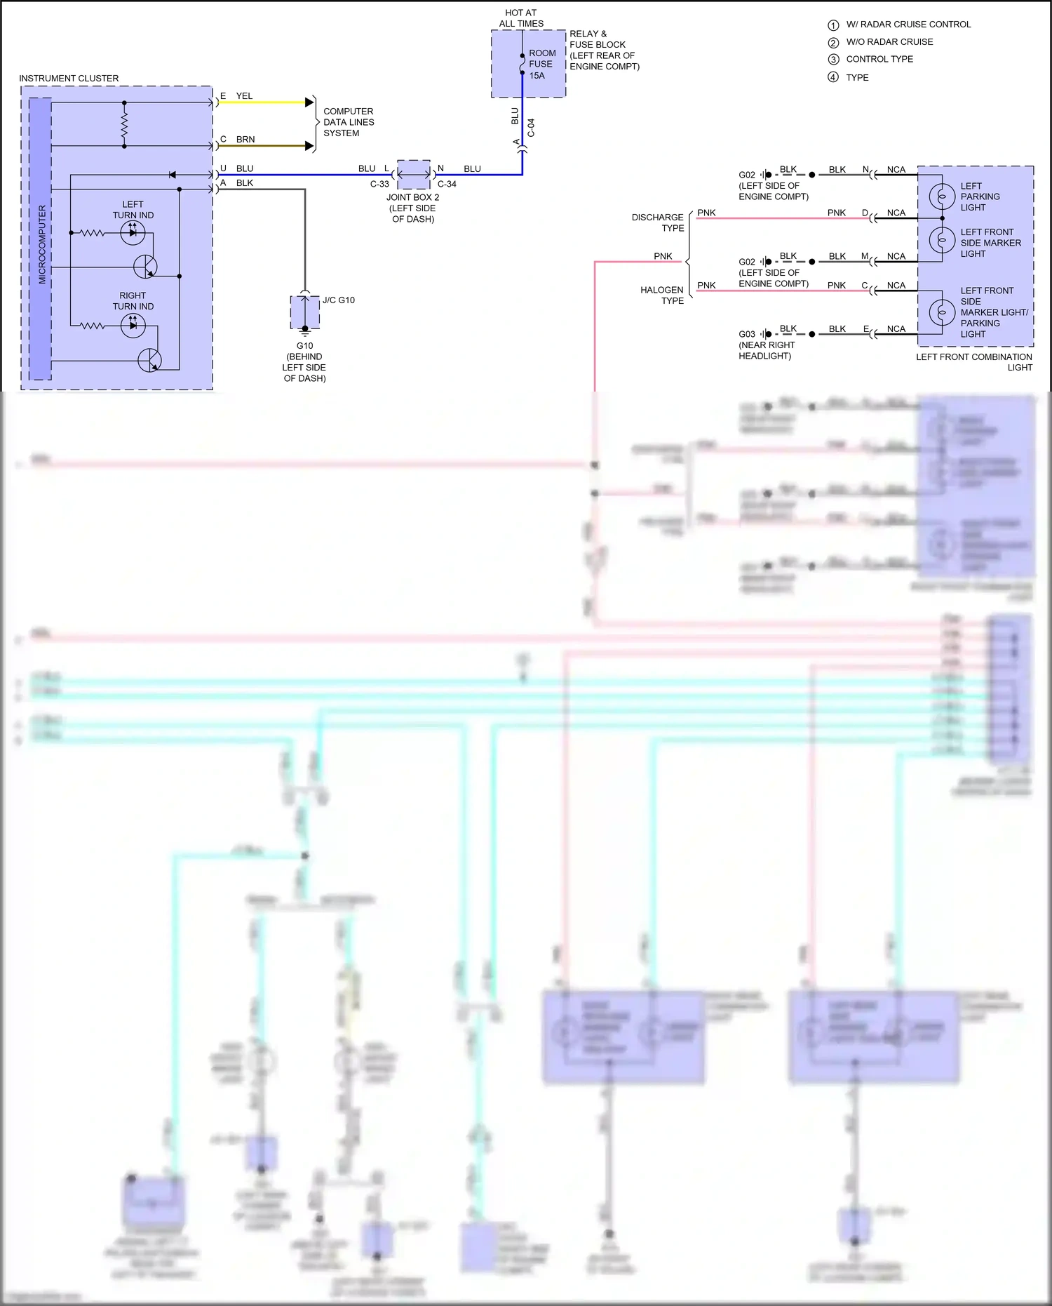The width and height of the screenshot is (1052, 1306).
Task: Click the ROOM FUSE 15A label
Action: [x=542, y=64]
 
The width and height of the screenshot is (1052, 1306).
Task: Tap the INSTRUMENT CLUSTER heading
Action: [x=69, y=78]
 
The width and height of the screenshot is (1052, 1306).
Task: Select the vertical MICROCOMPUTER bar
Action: [x=41, y=239]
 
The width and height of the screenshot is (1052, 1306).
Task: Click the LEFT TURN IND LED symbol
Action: [x=133, y=232]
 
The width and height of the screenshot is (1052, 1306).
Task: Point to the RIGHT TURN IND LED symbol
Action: [x=133, y=325]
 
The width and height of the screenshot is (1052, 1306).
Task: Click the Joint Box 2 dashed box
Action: [x=414, y=175]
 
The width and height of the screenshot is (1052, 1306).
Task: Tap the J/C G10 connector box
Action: [x=305, y=312]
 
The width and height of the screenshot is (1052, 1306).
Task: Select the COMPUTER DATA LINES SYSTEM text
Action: [x=349, y=122]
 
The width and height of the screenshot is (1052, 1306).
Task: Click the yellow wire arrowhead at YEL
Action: [x=309, y=102]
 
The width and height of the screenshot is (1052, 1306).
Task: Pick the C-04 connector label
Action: [x=531, y=128]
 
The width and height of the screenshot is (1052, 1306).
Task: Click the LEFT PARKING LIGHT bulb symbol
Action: [x=942, y=196]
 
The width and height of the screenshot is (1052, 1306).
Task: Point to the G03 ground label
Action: [x=747, y=334]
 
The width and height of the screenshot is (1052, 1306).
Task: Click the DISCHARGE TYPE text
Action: [x=658, y=222]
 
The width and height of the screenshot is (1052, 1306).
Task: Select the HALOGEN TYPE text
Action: [x=662, y=295]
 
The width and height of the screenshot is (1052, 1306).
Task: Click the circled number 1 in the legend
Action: [x=833, y=25]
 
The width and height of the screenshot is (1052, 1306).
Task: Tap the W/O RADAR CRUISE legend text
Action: [x=889, y=42]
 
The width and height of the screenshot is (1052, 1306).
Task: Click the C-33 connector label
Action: [x=379, y=184]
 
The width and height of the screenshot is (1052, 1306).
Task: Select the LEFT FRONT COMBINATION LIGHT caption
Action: [x=974, y=361]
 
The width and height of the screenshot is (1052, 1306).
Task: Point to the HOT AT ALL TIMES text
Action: [x=521, y=18]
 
